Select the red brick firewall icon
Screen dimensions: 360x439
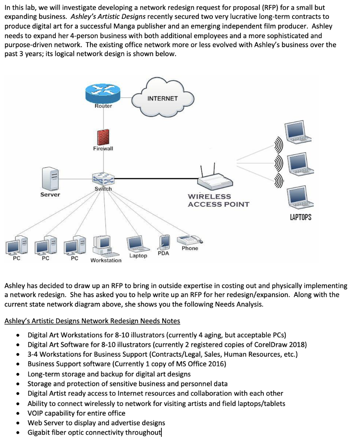[x=103, y=138]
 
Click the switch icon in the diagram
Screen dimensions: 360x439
[x=103, y=179]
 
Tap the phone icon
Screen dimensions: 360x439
[x=190, y=240]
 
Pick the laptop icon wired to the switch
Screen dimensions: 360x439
[x=138, y=244]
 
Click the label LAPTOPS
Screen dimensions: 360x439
[x=300, y=217]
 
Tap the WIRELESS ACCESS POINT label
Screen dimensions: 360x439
[x=218, y=201]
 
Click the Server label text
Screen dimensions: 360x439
[x=50, y=195]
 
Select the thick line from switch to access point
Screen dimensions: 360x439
[x=156, y=178]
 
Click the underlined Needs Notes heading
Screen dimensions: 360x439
[x=92, y=321]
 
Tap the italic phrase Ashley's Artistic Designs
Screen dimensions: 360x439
[x=108, y=17]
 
